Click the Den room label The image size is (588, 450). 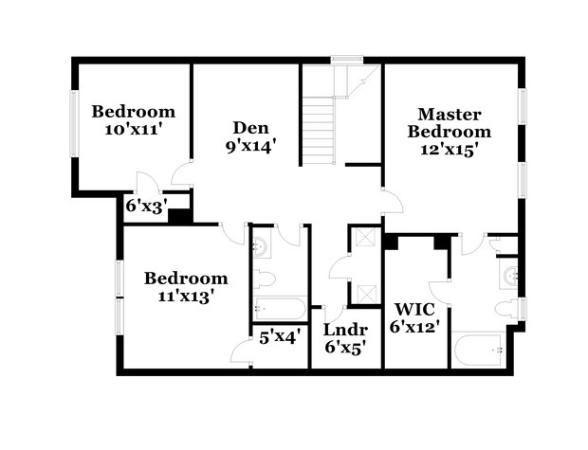251,128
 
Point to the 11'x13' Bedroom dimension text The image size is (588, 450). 185,295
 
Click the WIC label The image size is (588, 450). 414,309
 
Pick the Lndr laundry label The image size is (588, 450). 345,330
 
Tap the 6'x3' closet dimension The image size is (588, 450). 146,203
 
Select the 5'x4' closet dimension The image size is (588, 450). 280,333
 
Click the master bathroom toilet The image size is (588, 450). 510,309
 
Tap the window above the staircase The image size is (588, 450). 341,61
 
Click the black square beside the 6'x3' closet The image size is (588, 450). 175,215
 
